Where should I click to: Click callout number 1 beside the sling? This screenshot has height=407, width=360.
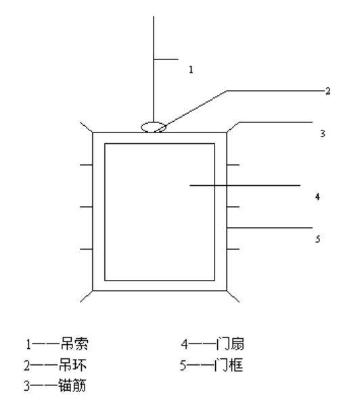pos(191,70)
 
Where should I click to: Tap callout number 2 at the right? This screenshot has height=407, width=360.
pos(328,91)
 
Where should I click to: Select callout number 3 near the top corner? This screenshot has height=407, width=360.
pos(322,133)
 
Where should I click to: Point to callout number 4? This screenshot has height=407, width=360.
pos(317,197)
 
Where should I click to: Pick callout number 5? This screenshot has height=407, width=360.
pos(317,239)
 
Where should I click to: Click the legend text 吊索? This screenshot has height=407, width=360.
pos(74,344)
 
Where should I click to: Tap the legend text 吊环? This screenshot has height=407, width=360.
pos(72,365)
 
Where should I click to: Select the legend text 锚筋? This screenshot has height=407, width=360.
pos(72,385)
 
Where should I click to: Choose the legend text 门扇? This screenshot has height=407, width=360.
pos(230,344)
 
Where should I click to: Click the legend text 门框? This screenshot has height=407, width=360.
pos(229,365)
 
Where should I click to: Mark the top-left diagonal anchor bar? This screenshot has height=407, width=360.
pos(86,127)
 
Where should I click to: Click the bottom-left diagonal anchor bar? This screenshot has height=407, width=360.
pos(86,296)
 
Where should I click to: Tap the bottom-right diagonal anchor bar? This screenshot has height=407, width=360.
pos(233,296)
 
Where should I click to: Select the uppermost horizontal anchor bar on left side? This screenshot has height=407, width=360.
pos(86,164)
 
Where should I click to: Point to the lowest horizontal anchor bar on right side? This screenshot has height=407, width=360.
pos(233,249)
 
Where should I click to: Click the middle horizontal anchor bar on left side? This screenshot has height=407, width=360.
pos(86,207)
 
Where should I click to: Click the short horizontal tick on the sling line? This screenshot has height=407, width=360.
pos(166,59)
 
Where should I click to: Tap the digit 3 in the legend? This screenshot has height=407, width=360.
pos(27,386)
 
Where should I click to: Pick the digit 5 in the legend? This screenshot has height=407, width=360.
pos(183,366)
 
